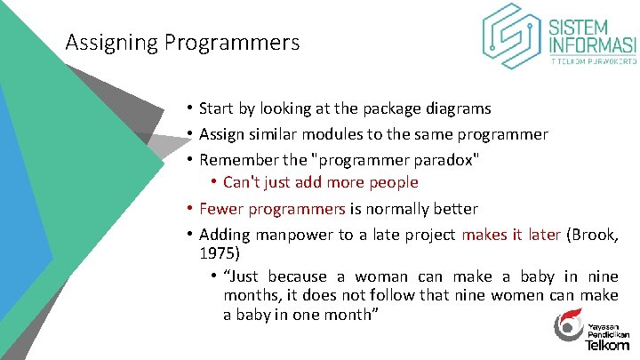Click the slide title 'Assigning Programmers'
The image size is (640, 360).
point(182,42)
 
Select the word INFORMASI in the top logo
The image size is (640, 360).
point(592,45)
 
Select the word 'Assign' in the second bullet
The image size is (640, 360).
point(222,134)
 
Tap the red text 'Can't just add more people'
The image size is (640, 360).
point(320,182)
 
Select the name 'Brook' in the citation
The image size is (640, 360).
point(590,235)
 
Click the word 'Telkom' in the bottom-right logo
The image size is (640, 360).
point(608,343)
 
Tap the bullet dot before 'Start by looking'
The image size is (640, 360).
point(190,108)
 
